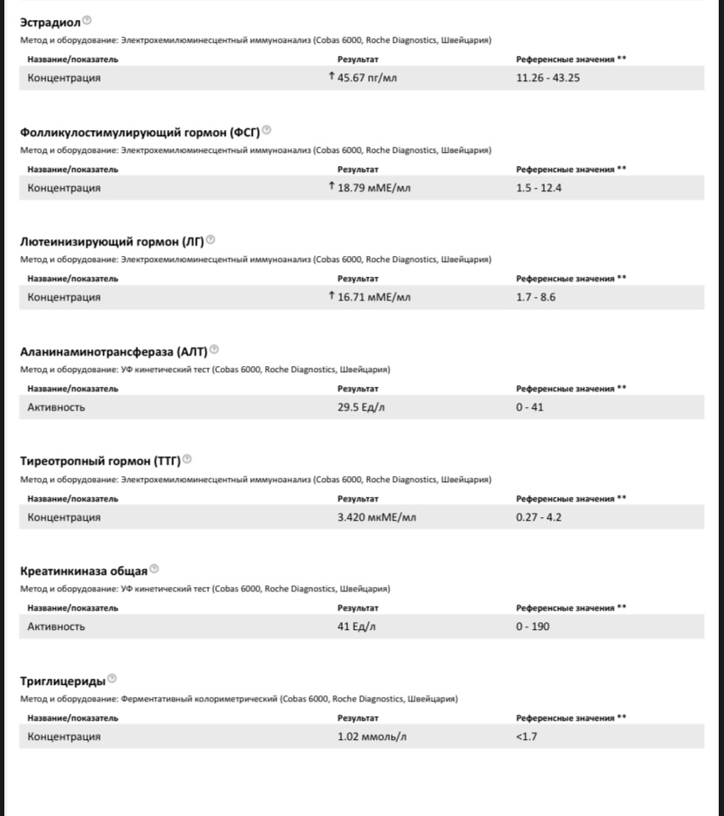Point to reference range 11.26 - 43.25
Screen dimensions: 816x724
(x=548, y=78)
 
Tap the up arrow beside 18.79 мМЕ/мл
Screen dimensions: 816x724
(x=331, y=186)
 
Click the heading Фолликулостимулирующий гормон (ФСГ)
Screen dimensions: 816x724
(x=140, y=133)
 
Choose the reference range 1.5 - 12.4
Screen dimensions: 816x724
(x=539, y=188)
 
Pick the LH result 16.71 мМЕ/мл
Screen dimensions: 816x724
(x=373, y=297)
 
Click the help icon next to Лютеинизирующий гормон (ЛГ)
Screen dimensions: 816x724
(x=211, y=240)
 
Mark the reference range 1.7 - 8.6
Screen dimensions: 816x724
(x=535, y=297)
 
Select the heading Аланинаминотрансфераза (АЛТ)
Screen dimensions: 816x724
(x=114, y=352)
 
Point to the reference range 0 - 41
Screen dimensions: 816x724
(x=530, y=407)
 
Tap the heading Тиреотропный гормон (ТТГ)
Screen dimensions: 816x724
(x=101, y=461)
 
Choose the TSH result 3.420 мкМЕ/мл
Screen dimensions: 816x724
(x=377, y=517)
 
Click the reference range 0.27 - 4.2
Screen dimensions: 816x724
(x=539, y=517)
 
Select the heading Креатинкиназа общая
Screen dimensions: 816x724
(x=84, y=571)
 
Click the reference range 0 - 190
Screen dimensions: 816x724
(x=533, y=626)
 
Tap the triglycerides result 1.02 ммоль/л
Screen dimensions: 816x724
(x=372, y=736)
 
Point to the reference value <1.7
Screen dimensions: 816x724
(x=526, y=736)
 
